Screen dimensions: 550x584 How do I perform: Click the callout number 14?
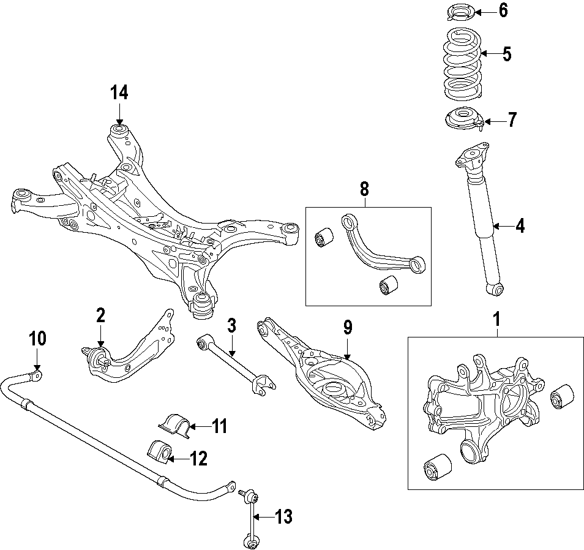[119, 93]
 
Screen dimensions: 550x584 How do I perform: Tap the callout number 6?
[503, 11]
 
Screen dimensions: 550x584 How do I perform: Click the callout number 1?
[497, 319]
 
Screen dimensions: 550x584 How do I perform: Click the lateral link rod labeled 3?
[236, 364]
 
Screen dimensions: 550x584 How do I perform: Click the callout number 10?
[37, 338]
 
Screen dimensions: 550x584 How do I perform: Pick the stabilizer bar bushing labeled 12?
[161, 451]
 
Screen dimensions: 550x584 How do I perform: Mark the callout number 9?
[347, 328]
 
